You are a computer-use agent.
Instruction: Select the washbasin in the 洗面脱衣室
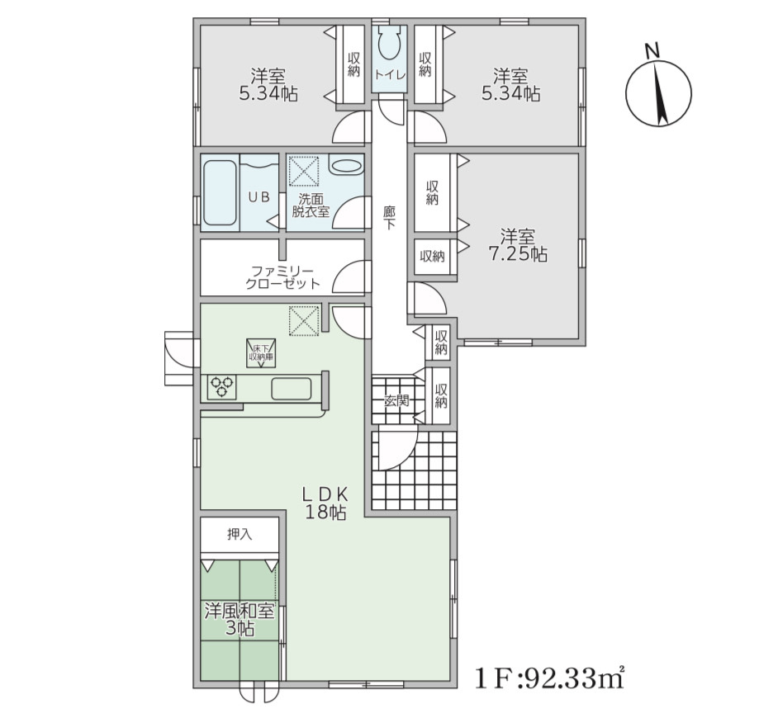(x=347, y=165)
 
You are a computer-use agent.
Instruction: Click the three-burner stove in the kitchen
(x=222, y=387)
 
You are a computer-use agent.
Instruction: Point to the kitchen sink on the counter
(x=291, y=389)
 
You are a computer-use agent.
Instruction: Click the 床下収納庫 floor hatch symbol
(x=260, y=352)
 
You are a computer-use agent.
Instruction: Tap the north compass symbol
(x=658, y=89)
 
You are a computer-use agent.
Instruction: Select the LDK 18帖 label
(x=325, y=503)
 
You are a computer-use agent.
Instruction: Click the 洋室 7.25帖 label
(x=518, y=245)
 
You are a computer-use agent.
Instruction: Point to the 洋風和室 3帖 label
(x=240, y=620)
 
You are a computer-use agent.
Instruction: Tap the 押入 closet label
(x=240, y=535)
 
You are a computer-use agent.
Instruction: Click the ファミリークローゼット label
(x=282, y=277)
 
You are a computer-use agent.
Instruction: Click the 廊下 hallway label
(x=389, y=218)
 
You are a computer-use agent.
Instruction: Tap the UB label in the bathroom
(x=259, y=197)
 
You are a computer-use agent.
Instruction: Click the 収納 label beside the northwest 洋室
(x=353, y=64)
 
